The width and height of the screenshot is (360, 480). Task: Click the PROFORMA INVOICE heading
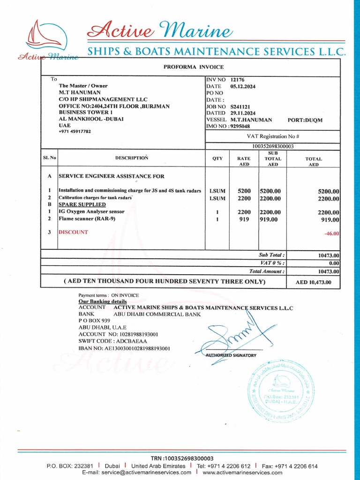point(194,67)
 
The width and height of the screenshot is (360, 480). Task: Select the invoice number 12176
point(237,80)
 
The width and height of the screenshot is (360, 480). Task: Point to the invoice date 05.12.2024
point(243,87)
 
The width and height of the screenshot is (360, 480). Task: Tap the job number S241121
point(240,106)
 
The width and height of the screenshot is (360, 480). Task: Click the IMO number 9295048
point(240,126)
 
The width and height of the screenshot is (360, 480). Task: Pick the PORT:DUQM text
point(305,120)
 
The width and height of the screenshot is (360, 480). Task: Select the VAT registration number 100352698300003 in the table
point(273,146)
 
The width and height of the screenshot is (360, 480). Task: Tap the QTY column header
point(217,158)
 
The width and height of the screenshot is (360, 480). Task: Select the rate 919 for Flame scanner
point(244,219)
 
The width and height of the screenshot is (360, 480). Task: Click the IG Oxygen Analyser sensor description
point(91,212)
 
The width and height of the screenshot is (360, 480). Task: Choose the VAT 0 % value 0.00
point(334,263)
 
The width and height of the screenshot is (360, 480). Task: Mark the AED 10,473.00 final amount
point(314,282)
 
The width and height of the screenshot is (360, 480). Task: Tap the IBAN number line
point(124,348)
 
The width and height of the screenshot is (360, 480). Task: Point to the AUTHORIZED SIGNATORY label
point(231,355)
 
